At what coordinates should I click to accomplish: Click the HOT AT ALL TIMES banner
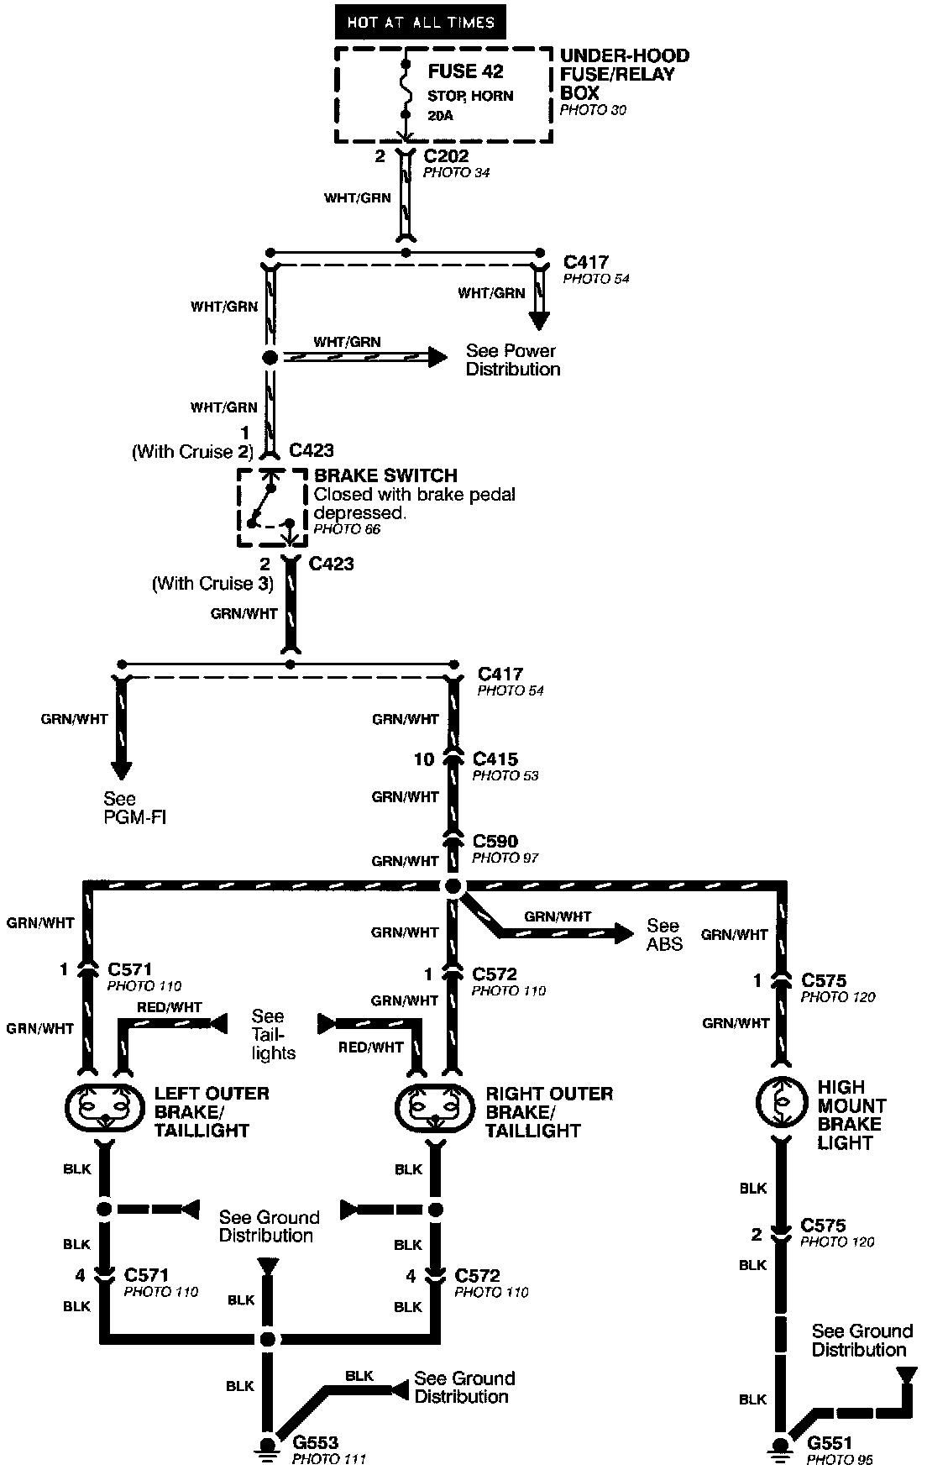coord(420,23)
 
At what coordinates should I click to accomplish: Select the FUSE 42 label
coord(465,72)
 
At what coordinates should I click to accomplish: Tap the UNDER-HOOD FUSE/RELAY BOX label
coord(624,74)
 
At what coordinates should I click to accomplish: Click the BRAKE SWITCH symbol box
coord(270,508)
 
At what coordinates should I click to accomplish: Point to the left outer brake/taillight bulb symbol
coord(104,1110)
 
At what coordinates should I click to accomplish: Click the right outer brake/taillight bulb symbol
coord(435,1110)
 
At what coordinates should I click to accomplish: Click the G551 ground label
coord(829,1443)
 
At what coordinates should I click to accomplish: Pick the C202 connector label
coord(446,156)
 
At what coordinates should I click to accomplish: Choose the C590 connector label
coord(495,841)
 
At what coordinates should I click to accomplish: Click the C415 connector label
coord(495,759)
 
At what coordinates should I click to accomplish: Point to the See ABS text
coord(664,934)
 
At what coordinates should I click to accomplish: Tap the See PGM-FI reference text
coord(134,807)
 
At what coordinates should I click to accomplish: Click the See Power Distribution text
coord(512,360)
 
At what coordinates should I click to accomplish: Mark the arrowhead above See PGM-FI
coord(121,769)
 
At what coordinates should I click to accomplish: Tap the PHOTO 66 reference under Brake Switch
coord(347,529)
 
